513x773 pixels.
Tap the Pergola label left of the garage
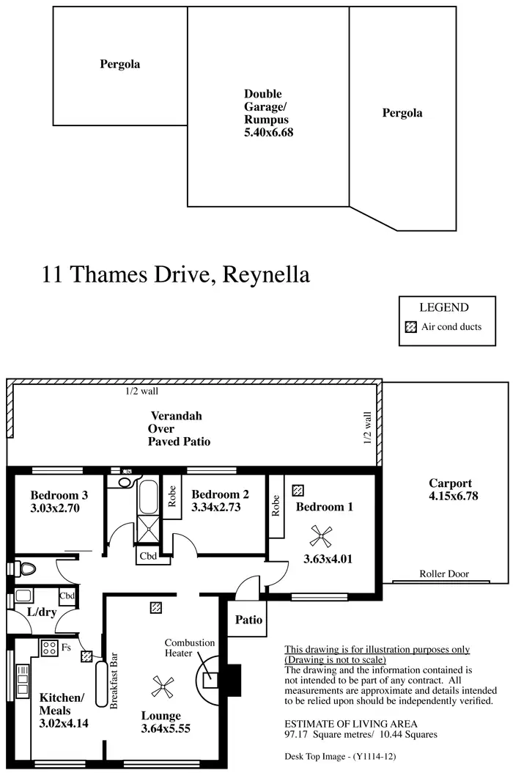pyautogui.click(x=119, y=65)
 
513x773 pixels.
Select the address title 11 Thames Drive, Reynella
pyautogui.click(x=176, y=274)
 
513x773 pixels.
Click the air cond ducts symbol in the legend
pyautogui.click(x=411, y=327)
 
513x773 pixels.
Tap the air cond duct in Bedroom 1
pyautogui.click(x=298, y=489)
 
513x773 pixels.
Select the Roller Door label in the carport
pyautogui.click(x=444, y=574)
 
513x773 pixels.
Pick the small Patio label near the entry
pyautogui.click(x=248, y=620)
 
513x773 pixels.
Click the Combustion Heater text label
pyautogui.click(x=189, y=648)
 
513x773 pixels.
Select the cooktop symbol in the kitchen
pyautogui.click(x=49, y=648)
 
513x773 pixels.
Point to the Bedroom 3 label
pyautogui.click(x=59, y=494)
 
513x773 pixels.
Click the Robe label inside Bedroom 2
pyautogui.click(x=171, y=497)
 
